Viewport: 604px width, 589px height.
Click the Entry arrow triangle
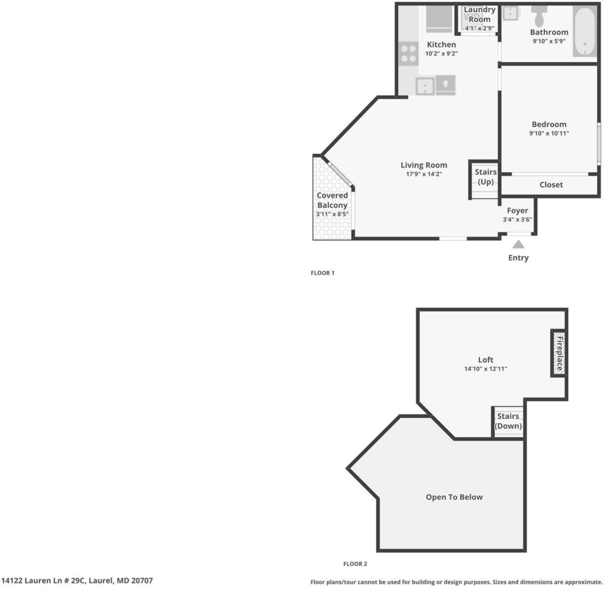coord(518,245)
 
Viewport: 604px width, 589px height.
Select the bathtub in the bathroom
coord(585,32)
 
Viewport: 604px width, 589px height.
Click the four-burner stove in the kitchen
coord(409,54)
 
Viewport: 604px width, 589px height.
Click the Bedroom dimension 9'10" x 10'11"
coord(549,134)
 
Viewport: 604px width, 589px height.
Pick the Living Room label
coord(424,165)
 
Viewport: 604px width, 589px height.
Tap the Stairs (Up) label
coord(485,177)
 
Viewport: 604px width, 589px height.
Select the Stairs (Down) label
coord(508,421)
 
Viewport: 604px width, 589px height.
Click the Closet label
coord(552,185)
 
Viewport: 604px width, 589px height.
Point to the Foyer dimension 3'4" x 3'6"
coord(517,220)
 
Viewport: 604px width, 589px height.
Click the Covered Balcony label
coord(332,200)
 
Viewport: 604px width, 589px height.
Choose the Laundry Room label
coord(480,14)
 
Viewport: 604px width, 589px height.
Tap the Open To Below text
coord(454,497)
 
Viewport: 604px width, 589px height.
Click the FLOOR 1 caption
coord(323,273)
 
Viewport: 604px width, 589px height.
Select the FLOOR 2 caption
coord(355,564)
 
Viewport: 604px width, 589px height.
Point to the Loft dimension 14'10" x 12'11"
coord(485,369)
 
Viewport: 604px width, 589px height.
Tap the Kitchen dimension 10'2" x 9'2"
coord(441,54)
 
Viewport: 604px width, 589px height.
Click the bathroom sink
coord(511,13)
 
